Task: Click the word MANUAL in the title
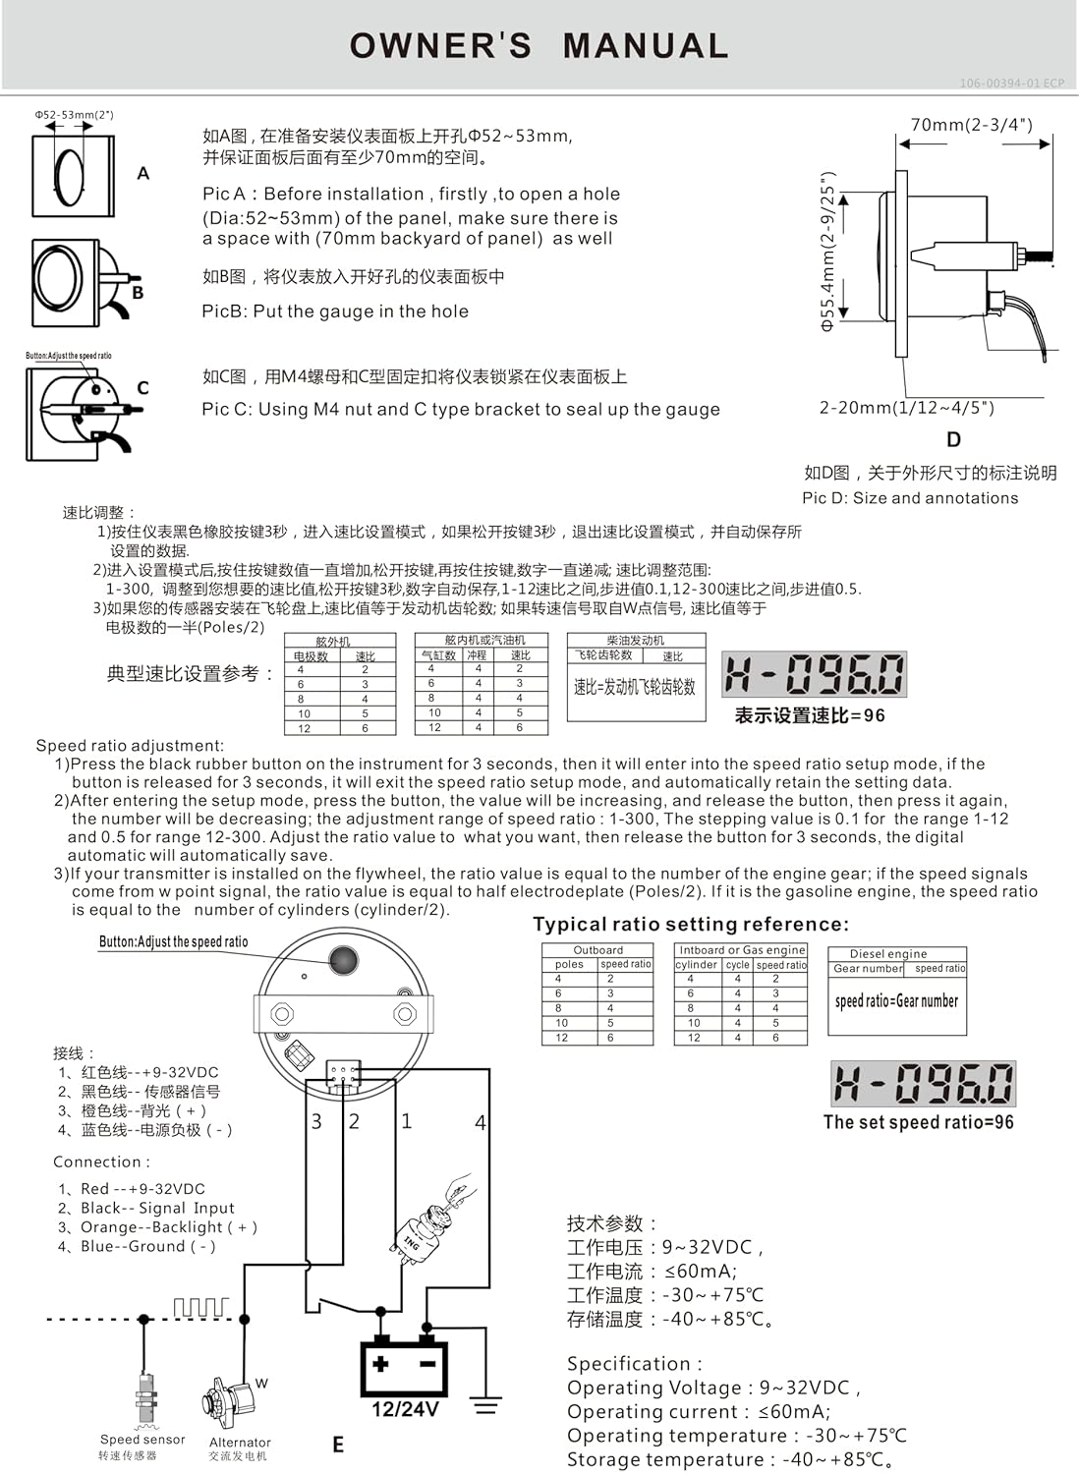click(645, 45)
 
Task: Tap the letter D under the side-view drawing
click(952, 439)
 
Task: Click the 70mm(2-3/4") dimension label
click(971, 125)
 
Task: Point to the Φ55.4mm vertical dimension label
click(827, 252)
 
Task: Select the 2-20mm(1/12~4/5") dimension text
click(906, 408)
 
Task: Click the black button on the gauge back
click(343, 960)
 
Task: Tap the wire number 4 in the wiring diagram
click(480, 1122)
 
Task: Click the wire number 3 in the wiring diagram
click(316, 1121)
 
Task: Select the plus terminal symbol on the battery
click(380, 1363)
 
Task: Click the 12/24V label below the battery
click(405, 1409)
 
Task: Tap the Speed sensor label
click(142, 1440)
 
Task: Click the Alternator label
click(240, 1442)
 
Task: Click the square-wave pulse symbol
click(199, 1307)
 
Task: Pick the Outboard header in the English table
click(597, 950)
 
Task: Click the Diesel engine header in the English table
click(887, 953)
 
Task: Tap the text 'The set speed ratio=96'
click(918, 1122)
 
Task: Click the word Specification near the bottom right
click(629, 1363)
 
